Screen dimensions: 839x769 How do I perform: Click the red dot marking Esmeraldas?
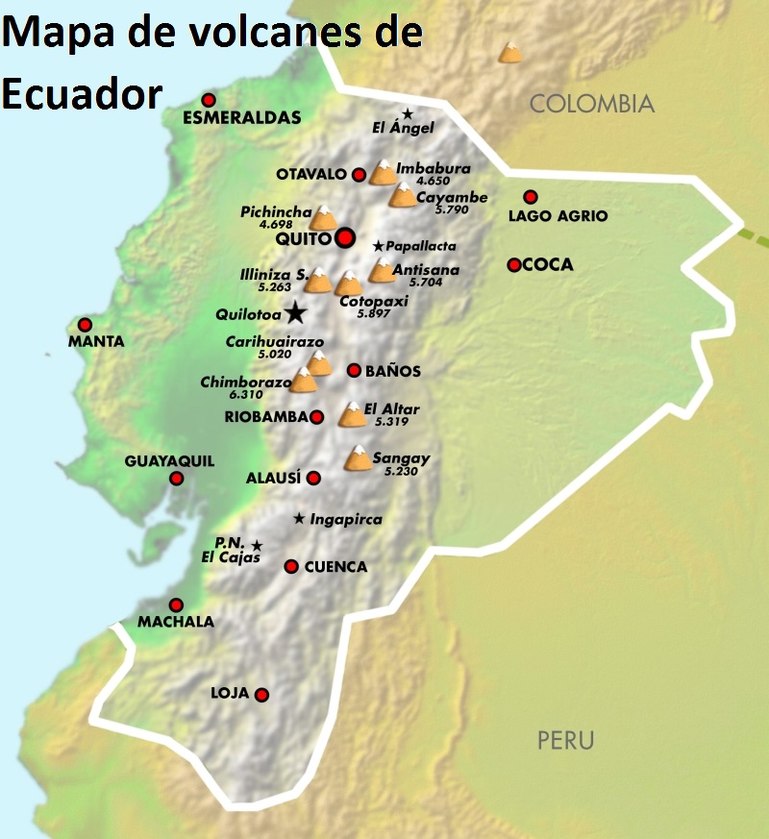pos(209,100)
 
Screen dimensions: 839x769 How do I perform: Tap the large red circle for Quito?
pos(345,237)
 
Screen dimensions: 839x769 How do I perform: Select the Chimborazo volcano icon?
pos(304,382)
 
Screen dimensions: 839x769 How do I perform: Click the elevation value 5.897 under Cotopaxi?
pos(375,314)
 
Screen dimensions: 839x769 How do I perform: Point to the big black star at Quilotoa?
pos(295,312)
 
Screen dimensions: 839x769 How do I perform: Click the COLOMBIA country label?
pos(592,104)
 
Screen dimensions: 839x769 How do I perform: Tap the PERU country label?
pos(565,741)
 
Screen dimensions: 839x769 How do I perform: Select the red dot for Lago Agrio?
pos(530,197)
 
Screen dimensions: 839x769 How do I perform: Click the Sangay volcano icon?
pos(358,459)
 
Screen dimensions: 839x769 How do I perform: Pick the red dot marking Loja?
pos(261,695)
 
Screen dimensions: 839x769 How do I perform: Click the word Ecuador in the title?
pos(81,92)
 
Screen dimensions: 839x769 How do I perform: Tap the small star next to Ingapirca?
pos(299,519)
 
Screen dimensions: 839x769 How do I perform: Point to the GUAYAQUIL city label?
pos(169,461)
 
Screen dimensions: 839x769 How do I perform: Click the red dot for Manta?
pos(85,325)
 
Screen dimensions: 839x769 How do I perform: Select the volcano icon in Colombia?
pos(510,52)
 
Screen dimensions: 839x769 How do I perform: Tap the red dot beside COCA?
pos(514,265)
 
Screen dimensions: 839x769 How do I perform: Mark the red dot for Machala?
pos(176,605)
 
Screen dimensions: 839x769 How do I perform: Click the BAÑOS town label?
pos(393,371)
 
